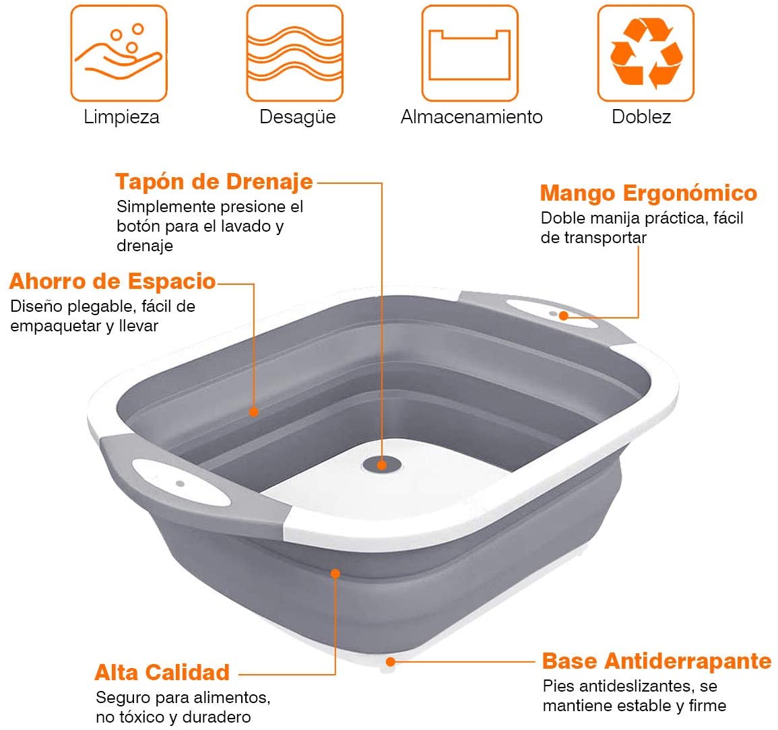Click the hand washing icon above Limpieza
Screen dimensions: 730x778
click(119, 53)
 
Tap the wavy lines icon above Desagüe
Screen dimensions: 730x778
click(294, 53)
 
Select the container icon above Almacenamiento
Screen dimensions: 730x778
click(469, 53)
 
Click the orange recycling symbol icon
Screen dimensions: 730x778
click(645, 53)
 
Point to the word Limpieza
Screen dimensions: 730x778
click(121, 117)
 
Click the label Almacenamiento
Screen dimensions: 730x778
click(471, 117)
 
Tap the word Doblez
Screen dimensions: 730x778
click(641, 117)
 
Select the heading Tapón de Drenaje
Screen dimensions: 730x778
click(214, 181)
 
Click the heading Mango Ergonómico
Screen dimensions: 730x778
click(648, 193)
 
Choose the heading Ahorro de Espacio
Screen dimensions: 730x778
click(112, 281)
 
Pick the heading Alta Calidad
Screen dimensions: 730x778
click(162, 672)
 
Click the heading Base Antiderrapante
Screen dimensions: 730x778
click(656, 661)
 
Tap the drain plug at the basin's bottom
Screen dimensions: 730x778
click(382, 465)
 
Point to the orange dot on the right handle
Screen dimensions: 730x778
click(563, 314)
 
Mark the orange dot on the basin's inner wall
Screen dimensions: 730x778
click(253, 411)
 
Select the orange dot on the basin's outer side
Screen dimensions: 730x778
click(335, 573)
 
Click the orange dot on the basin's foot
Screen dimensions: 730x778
click(390, 662)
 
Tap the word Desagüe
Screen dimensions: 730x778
click(297, 117)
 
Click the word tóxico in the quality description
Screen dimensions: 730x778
click(142, 717)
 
